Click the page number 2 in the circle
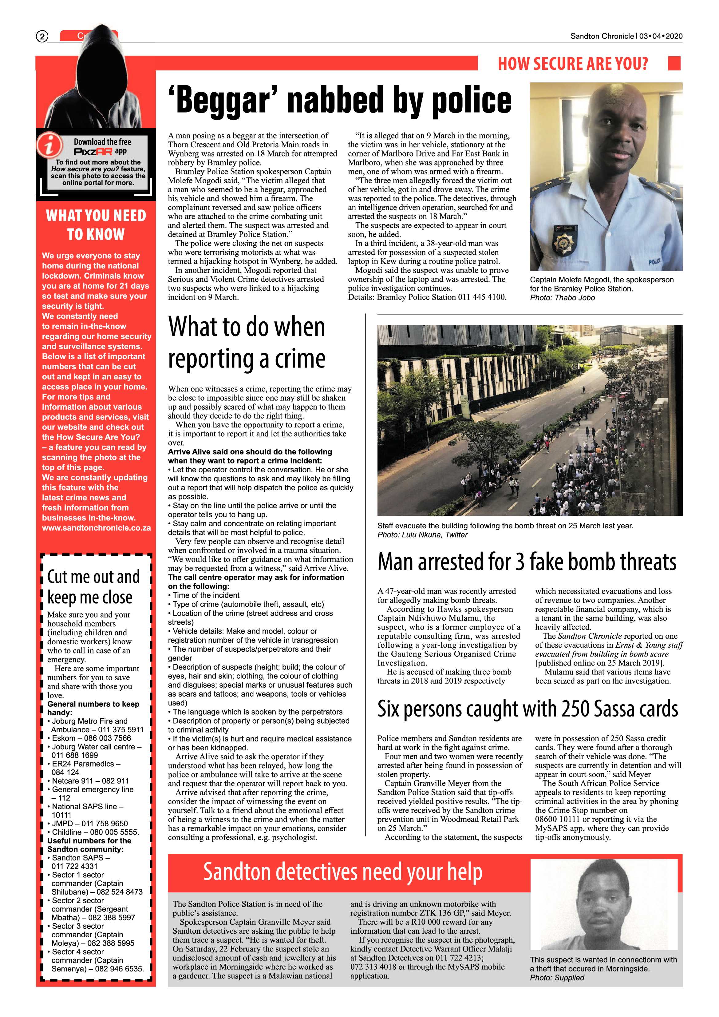pos(41,36)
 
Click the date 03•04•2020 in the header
pos(661,36)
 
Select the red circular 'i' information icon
pos(49,145)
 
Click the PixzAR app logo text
pos(93,152)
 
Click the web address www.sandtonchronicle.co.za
pos(97,528)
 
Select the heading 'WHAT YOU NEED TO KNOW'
pos(96,225)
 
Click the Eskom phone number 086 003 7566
pos(108,738)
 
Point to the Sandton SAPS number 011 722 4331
pos(74,866)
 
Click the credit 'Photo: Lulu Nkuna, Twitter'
pos(422,534)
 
